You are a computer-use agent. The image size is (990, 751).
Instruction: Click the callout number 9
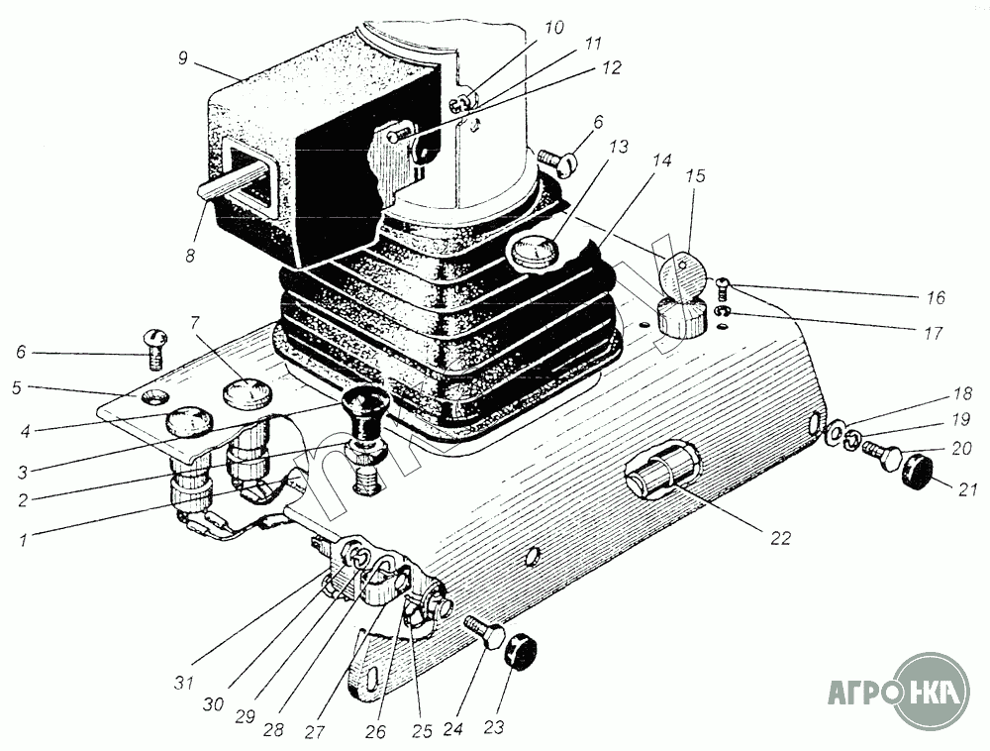pos(181,58)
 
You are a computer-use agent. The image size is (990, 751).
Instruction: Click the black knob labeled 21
pos(918,473)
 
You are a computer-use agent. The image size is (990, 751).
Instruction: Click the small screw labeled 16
pos(723,288)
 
